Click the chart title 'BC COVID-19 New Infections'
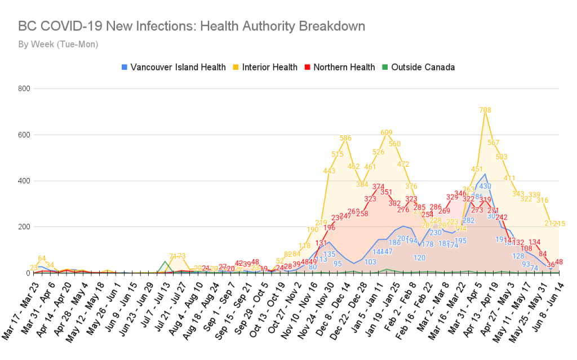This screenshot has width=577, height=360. [x=192, y=26]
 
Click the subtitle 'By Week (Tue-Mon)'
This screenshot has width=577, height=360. [x=58, y=44]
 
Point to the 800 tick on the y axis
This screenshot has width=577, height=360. [x=23, y=88]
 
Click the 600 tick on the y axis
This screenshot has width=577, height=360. [x=23, y=135]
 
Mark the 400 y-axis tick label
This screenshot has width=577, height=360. [x=23, y=181]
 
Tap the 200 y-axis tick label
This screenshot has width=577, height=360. [x=23, y=227]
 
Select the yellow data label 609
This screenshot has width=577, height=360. [x=387, y=133]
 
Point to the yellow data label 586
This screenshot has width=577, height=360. [x=345, y=138]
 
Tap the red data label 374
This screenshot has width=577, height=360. [x=378, y=187]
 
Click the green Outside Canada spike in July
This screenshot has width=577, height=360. [x=165, y=261]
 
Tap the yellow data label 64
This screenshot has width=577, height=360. [x=41, y=259]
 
